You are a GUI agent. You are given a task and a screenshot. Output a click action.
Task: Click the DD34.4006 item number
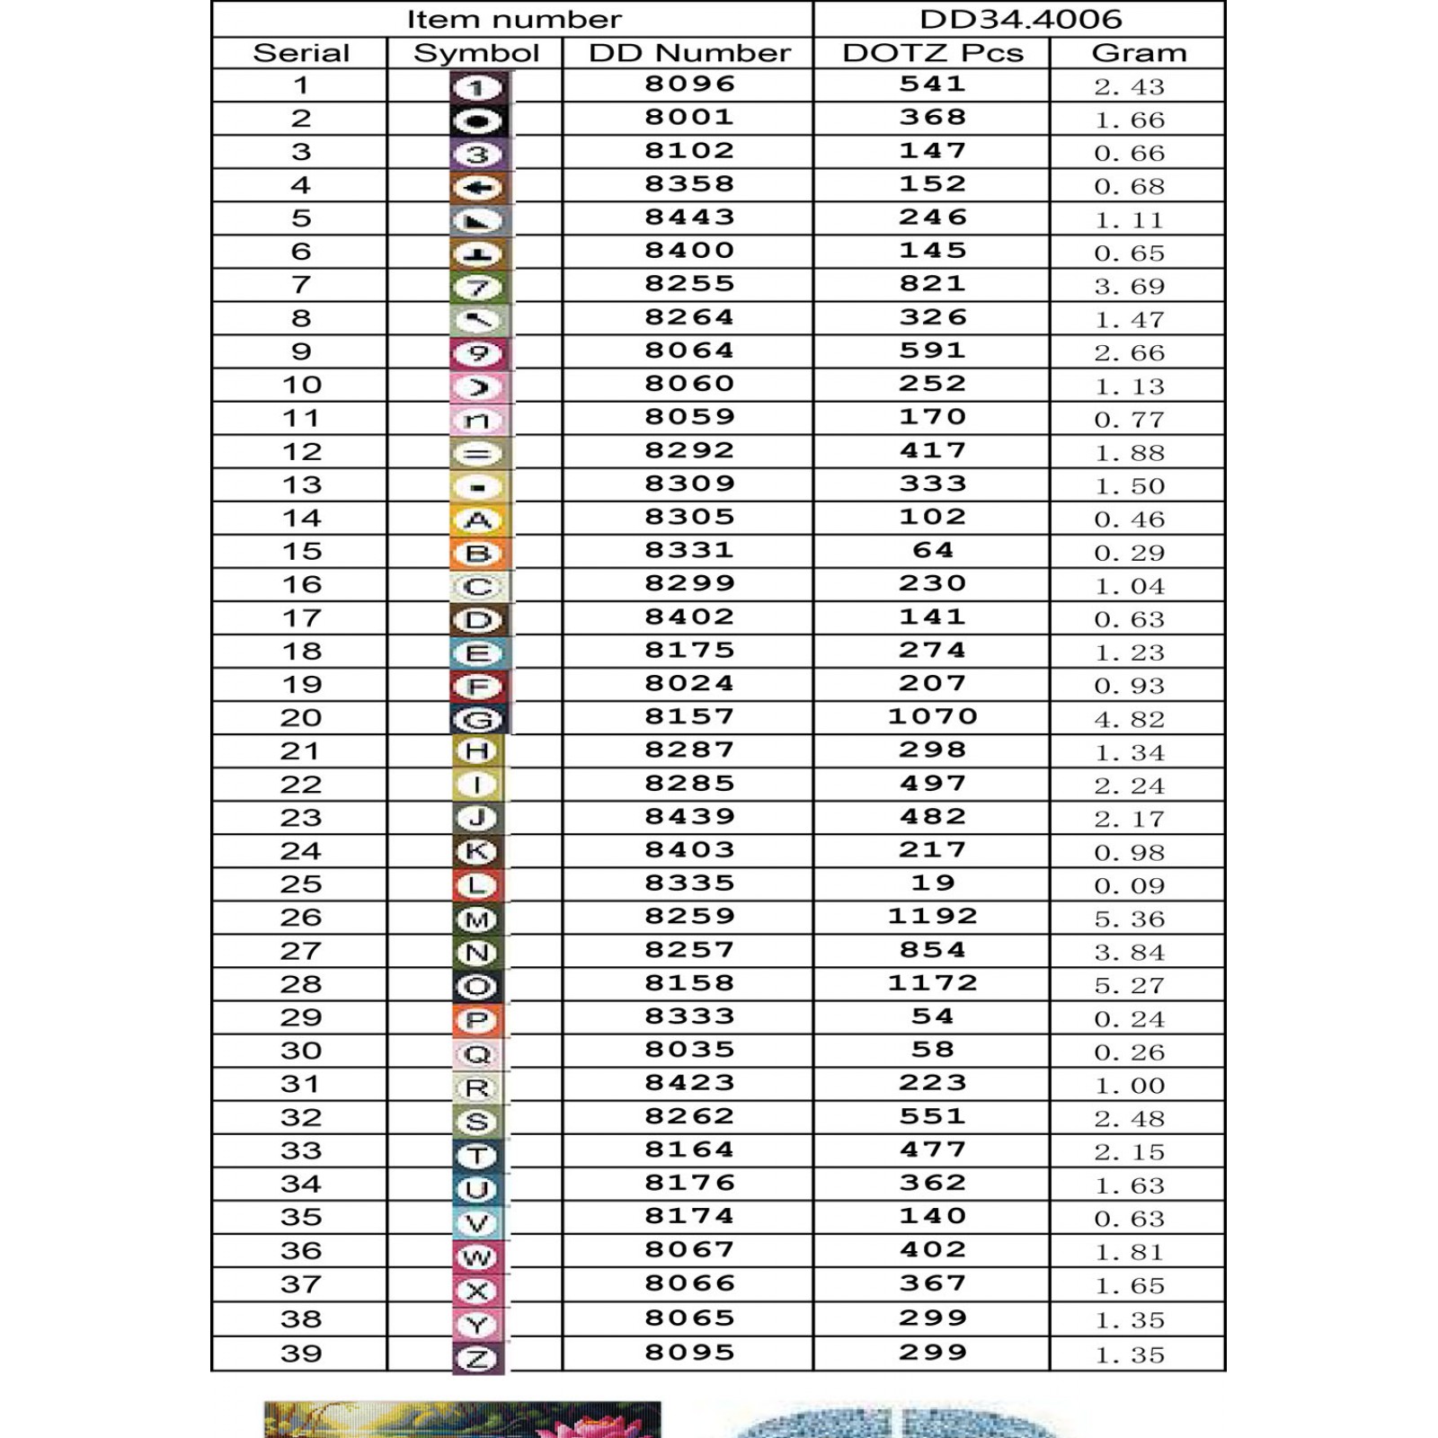(x=1020, y=19)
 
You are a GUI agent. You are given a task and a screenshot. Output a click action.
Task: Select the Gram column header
(x=1139, y=53)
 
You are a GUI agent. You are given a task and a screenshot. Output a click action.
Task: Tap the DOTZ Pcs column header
(x=932, y=53)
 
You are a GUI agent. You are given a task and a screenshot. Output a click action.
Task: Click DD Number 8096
(x=689, y=84)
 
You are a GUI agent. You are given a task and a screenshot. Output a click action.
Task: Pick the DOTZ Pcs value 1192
(x=932, y=917)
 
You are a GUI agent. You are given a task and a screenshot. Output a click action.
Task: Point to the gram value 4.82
(x=1129, y=719)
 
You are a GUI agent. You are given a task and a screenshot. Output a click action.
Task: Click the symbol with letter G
(x=477, y=719)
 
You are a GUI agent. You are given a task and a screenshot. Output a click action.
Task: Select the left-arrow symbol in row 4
(x=477, y=187)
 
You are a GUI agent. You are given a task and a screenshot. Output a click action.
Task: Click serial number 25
(x=300, y=884)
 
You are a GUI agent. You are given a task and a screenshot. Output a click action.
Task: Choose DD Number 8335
(x=689, y=883)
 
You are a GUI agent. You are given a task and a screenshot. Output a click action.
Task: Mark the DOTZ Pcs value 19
(x=932, y=883)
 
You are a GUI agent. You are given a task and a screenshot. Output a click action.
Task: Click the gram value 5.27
(x=1129, y=986)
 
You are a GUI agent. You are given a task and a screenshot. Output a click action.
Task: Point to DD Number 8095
(x=689, y=1353)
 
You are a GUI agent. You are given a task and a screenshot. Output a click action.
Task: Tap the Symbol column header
(x=475, y=53)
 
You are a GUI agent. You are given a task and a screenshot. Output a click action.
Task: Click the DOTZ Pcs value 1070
(x=932, y=717)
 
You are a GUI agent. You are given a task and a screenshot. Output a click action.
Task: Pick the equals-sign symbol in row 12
(x=477, y=454)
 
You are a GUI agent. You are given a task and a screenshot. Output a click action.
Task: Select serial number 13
(x=301, y=485)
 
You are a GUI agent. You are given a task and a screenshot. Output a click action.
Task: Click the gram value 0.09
(x=1129, y=886)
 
